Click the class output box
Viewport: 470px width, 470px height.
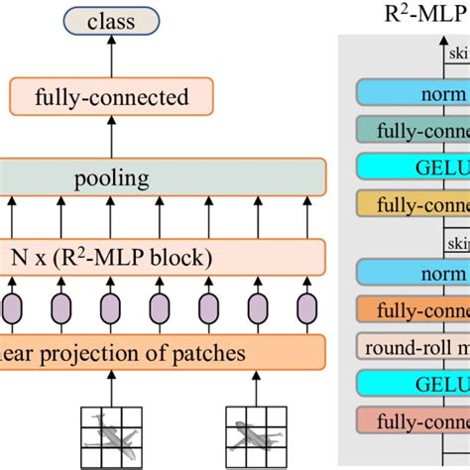pos(111,21)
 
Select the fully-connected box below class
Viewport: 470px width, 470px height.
pos(111,97)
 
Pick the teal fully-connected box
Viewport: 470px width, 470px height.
pos(412,129)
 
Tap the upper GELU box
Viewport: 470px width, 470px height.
pos(412,166)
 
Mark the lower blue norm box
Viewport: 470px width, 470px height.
pos(412,273)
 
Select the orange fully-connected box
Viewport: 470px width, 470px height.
pos(412,309)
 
